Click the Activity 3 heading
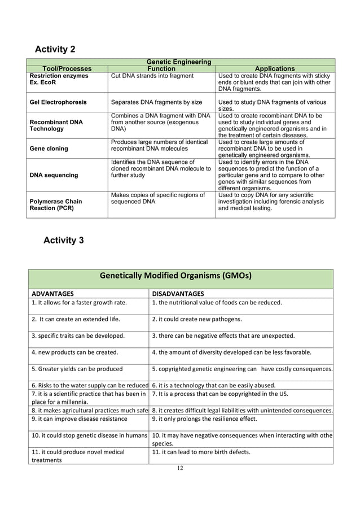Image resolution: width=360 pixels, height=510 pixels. pyautogui.click(x=63, y=240)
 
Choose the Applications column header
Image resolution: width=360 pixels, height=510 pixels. pyautogui.click(x=275, y=68)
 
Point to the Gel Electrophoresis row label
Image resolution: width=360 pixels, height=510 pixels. pyautogui.click(x=58, y=102)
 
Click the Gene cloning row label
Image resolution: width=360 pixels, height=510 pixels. pyautogui.click(x=49, y=149)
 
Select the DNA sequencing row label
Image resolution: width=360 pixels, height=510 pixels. pyautogui.click(x=54, y=175)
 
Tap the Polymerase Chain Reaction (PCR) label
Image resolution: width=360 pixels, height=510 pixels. pyautogui.click(x=55, y=205)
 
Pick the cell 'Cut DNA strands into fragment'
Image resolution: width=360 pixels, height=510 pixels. pyautogui.click(x=152, y=76)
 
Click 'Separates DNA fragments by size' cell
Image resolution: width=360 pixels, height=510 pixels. pyautogui.click(x=156, y=102)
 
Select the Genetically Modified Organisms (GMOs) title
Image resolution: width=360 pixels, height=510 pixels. pyautogui.click(x=175, y=276)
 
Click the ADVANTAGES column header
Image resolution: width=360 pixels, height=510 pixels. pyautogui.click(x=52, y=294)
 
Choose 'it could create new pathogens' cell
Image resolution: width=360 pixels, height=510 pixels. pyautogui.click(x=197, y=319)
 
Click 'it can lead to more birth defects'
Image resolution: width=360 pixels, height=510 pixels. pyautogui.click(x=209, y=451)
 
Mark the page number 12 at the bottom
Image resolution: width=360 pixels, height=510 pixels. pyautogui.click(x=179, y=467)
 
